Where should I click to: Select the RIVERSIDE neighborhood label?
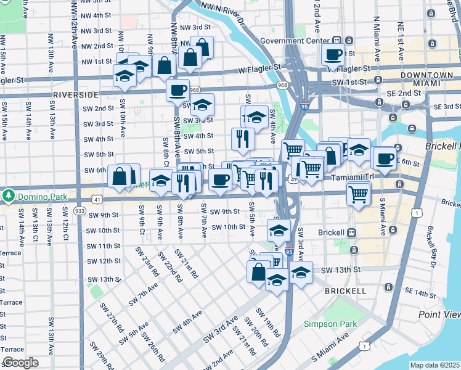tap(76, 95)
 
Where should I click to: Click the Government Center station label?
tap(300, 41)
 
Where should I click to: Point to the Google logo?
tap(20, 363)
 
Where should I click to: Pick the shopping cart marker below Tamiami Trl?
tap(358, 195)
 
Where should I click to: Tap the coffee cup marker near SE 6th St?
tap(384, 158)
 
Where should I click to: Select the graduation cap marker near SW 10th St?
tap(279, 231)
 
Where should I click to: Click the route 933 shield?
tap(80, 211)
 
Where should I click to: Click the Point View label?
tap(439, 314)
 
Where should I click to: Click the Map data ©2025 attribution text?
tap(435, 365)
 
